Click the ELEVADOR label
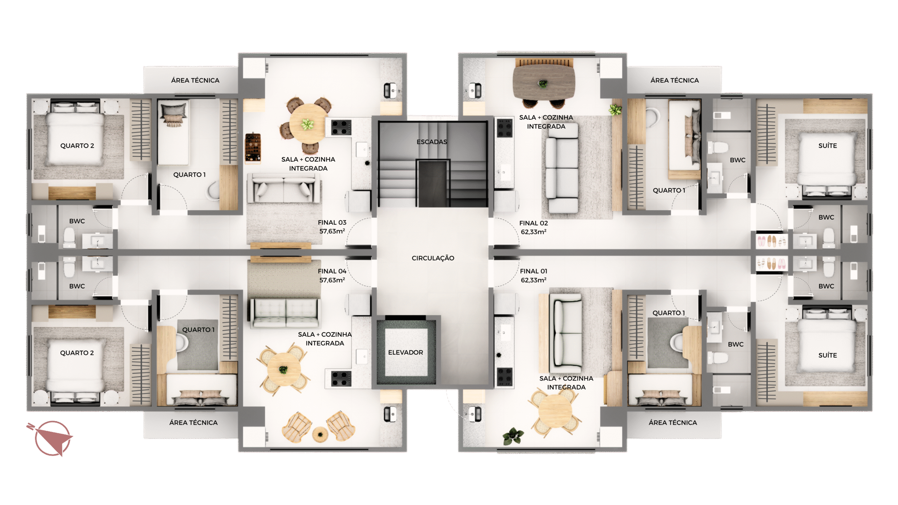coord(406,352)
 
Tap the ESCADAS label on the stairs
coord(432,142)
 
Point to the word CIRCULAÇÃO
coord(433,258)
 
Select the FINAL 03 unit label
coord(332,222)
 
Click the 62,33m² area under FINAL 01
coord(534,280)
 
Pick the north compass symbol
coord(51,438)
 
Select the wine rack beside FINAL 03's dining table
coord(253,148)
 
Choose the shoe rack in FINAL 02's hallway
coord(771,241)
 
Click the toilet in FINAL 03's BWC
coord(69,237)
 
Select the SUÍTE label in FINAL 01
coord(827,355)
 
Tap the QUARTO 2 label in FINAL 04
coord(77,353)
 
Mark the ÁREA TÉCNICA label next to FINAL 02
coord(675,80)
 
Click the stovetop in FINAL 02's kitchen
coord(505,128)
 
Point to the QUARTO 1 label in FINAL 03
coord(189,175)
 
